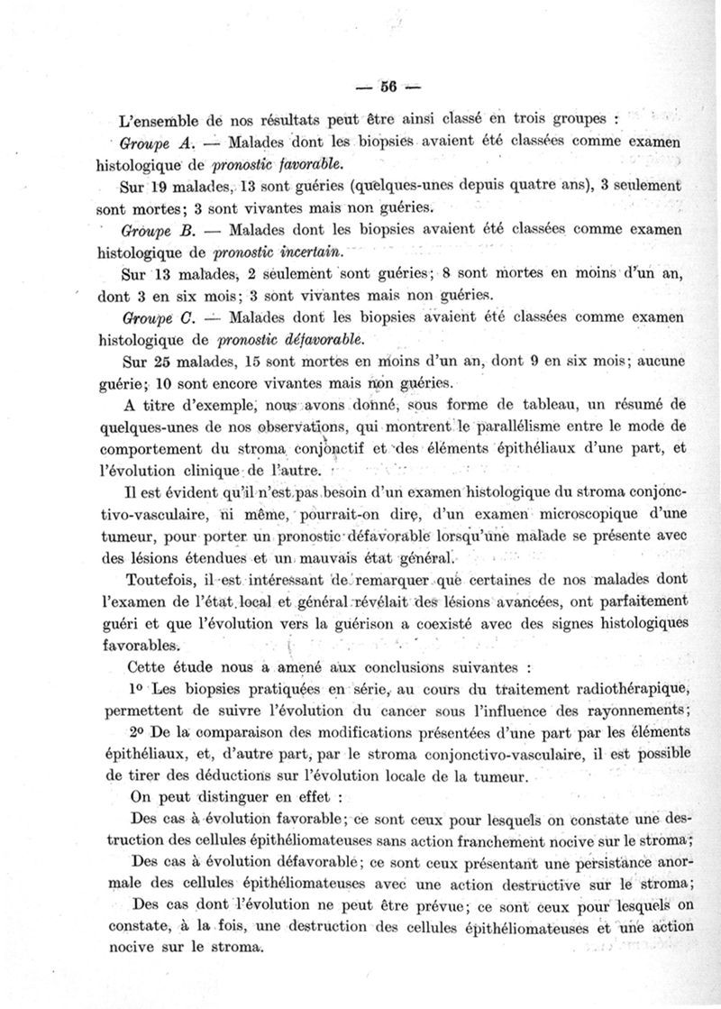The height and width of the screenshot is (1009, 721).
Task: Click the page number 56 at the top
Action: [388, 87]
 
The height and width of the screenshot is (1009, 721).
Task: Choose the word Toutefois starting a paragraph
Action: [165, 580]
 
